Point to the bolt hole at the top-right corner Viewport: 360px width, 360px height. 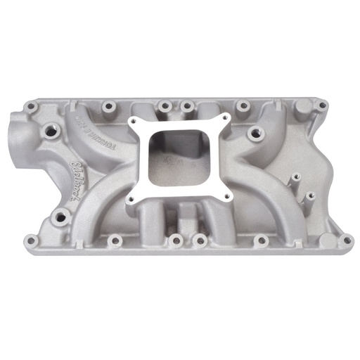[x=321, y=105]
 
